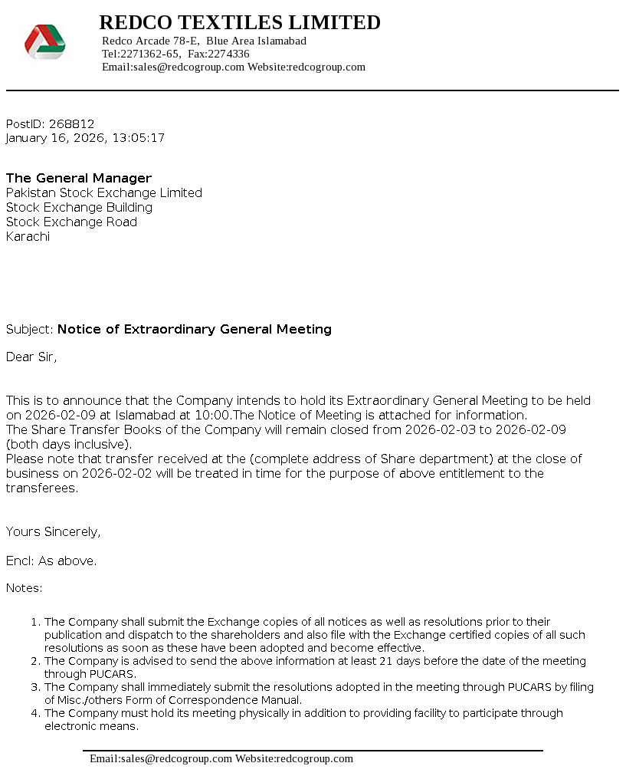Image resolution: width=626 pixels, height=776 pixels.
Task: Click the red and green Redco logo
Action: [x=45, y=42]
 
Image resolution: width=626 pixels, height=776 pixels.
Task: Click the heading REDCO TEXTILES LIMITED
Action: [x=240, y=23]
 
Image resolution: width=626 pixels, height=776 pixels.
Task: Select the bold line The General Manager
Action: [x=79, y=179]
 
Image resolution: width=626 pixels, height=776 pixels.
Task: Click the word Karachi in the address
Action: [x=28, y=237]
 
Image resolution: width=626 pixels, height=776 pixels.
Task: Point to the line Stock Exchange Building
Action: [x=79, y=208]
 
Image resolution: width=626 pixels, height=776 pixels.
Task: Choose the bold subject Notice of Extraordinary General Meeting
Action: [x=195, y=330]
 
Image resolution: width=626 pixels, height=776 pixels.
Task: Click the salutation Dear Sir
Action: [x=31, y=357]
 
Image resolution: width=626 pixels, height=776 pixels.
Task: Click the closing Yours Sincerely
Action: [x=54, y=532]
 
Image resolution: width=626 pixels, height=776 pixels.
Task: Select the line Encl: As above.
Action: [x=51, y=561]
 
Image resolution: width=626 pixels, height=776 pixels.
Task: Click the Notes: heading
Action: [x=25, y=589]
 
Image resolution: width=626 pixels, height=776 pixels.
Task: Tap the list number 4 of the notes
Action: [x=34, y=714]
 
